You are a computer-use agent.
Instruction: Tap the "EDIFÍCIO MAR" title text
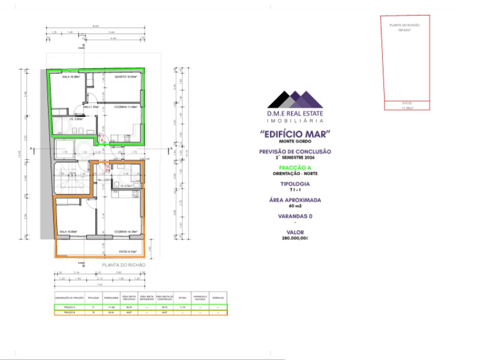(295, 134)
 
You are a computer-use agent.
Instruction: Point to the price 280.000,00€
(295, 238)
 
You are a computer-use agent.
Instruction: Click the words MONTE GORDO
(295, 141)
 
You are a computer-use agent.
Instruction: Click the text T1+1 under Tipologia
(295, 189)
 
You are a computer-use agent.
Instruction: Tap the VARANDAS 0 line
(295, 216)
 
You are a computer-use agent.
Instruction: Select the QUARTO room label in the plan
(126, 77)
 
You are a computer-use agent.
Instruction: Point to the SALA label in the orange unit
(68, 231)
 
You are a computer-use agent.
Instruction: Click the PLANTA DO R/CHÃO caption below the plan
(123, 265)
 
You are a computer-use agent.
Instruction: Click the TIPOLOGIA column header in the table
(93, 297)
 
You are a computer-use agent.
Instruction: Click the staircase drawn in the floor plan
(67, 180)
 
